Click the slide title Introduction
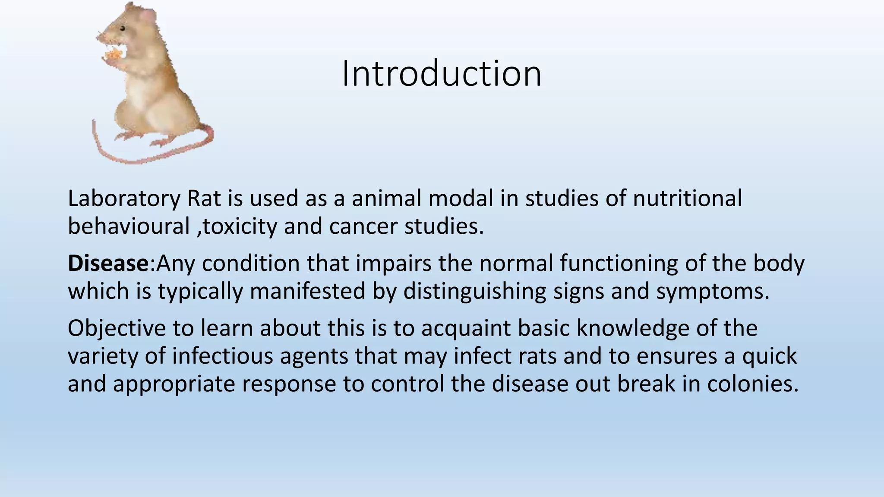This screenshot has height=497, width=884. pyautogui.click(x=442, y=74)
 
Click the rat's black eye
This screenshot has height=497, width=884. pyautogui.click(x=123, y=29)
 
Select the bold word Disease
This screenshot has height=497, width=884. pyautogui.click(x=108, y=264)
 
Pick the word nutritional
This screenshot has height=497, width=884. pyautogui.click(x=687, y=199)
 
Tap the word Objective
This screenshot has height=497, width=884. pyautogui.click(x=117, y=328)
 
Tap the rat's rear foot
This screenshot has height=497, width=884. pyautogui.click(x=162, y=143)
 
